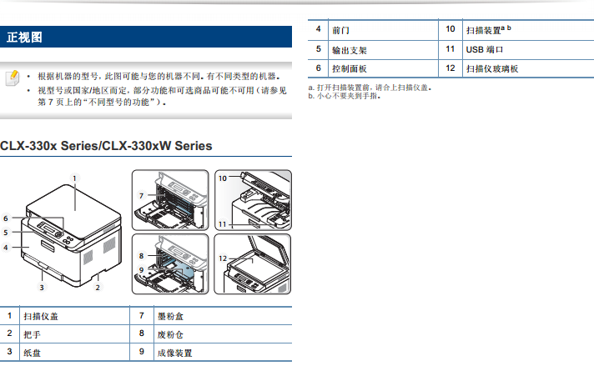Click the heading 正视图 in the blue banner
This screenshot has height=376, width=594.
click(24, 38)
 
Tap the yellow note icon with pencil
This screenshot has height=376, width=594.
click(13, 78)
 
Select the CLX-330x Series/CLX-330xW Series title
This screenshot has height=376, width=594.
click(106, 146)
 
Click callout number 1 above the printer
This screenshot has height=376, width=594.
click(74, 178)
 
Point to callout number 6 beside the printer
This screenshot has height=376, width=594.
click(6, 218)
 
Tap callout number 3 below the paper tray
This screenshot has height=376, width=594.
click(42, 288)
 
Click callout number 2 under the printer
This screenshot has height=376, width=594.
click(98, 288)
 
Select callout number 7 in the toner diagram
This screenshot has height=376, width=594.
click(141, 196)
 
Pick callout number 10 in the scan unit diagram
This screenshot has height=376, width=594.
click(223, 178)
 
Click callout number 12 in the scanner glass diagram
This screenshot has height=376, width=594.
click(223, 258)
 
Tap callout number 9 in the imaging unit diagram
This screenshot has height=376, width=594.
click(141, 270)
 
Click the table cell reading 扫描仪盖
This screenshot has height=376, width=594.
click(41, 316)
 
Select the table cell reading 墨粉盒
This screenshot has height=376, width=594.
click(170, 316)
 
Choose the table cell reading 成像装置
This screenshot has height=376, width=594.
click(174, 353)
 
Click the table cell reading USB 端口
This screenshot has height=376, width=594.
click(485, 49)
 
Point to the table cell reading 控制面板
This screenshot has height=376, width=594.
click(350, 68)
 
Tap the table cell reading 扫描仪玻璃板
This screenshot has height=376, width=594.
click(492, 68)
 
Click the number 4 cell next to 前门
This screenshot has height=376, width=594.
click(318, 29)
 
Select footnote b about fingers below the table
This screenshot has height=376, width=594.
click(345, 96)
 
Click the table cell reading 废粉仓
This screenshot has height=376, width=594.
click(170, 334)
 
